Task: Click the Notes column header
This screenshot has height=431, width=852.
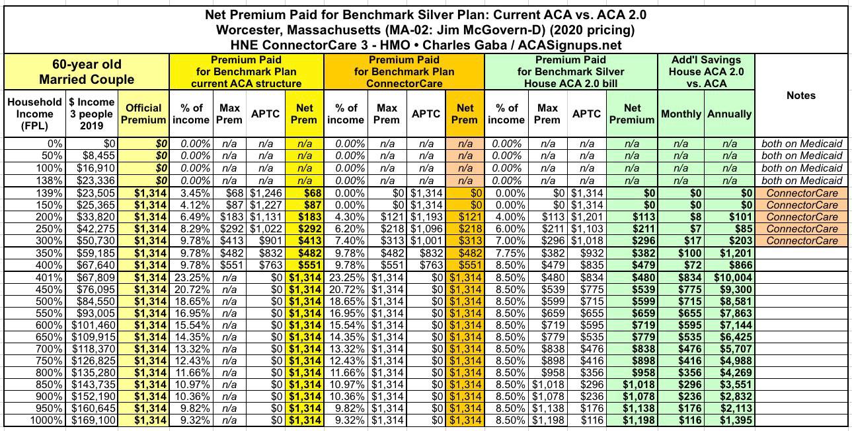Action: [x=801, y=96]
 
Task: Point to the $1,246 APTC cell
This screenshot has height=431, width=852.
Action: [x=265, y=193]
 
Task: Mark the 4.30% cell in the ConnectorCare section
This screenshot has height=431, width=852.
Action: [x=345, y=218]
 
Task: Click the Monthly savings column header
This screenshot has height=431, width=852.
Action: [x=681, y=114]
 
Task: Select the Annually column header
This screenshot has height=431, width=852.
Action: [x=729, y=114]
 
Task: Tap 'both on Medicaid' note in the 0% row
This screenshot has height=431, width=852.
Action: [x=802, y=143]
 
